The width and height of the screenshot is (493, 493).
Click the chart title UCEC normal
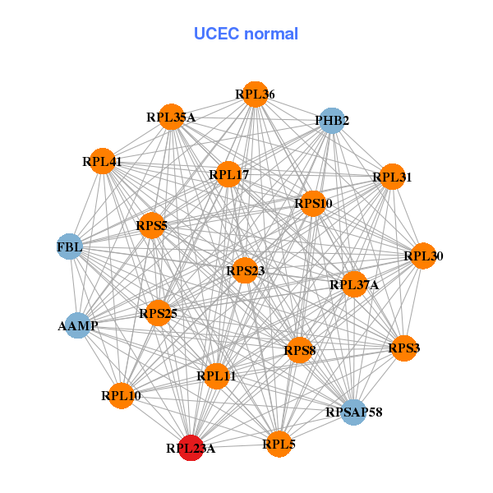pyautogui.click(x=246, y=34)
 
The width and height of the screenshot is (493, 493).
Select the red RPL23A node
pyautogui.click(x=191, y=448)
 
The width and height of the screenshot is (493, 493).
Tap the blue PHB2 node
pyautogui.click(x=331, y=121)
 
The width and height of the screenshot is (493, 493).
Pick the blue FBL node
pyautogui.click(x=70, y=246)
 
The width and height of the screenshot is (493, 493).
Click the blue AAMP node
pyautogui.click(x=77, y=325)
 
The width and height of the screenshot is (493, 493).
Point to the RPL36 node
pyautogui.click(x=255, y=94)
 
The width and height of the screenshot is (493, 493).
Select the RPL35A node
pyautogui.click(x=171, y=117)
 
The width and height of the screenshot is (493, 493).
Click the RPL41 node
pyautogui.click(x=103, y=161)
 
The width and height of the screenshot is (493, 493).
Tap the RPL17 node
pyautogui.click(x=228, y=174)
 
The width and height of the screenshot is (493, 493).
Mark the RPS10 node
pyautogui.click(x=313, y=203)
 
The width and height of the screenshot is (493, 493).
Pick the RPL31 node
pyautogui.click(x=393, y=176)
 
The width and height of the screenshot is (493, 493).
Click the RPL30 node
pyautogui.click(x=423, y=256)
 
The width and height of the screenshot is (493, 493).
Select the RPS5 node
pyautogui.click(x=152, y=224)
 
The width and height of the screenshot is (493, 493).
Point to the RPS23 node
pyautogui.click(x=245, y=270)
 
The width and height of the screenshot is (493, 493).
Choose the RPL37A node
pyautogui.click(x=354, y=284)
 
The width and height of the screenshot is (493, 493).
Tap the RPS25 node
pyautogui.click(x=158, y=312)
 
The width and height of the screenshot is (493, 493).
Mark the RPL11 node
pyautogui.click(x=216, y=376)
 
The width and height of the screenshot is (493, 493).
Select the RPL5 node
pyautogui.click(x=279, y=444)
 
